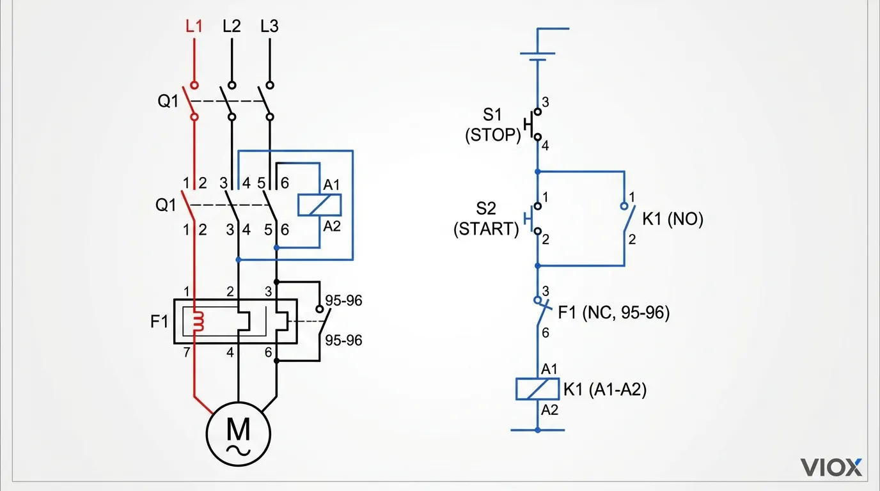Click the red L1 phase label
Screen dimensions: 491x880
click(194, 27)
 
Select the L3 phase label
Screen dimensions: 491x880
click(269, 27)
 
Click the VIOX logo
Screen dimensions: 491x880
click(831, 467)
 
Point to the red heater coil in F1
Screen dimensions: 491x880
click(198, 322)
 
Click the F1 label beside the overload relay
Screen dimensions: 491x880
click(159, 321)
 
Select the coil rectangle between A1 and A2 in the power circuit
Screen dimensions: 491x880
click(319, 205)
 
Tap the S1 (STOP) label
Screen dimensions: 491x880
click(492, 125)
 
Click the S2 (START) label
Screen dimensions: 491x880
click(486, 219)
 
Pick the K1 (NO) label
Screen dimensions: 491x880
click(673, 219)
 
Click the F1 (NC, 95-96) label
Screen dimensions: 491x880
click(613, 313)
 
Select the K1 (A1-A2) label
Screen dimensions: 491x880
click(604, 389)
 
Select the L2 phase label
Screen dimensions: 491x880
click(232, 27)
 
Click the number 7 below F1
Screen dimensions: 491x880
click(187, 352)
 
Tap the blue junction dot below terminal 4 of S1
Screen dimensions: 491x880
click(537, 171)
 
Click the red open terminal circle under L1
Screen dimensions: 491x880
click(194, 84)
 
